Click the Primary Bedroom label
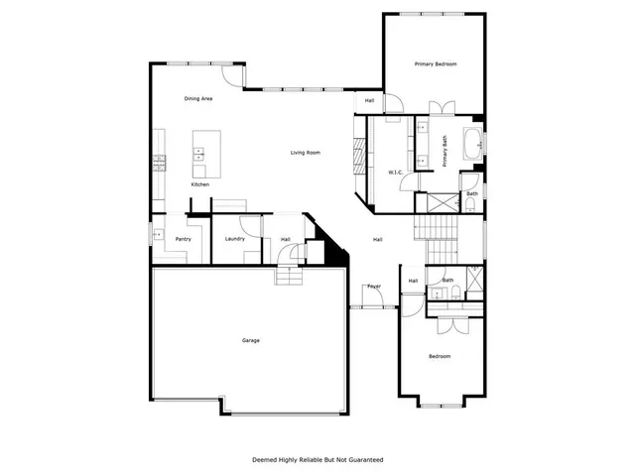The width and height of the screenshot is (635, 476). pos(436,64)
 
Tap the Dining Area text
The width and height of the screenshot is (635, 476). pos(198,99)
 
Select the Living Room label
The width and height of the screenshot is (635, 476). pos(305,153)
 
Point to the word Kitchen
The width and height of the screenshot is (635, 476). pos(200,185)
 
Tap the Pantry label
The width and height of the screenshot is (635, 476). pos(183,239)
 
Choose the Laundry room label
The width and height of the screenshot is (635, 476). pos(235,239)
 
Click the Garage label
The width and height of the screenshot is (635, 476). pos(251,341)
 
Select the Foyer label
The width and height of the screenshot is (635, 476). pos(374,287)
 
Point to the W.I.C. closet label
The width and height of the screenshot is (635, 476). pos(394,173)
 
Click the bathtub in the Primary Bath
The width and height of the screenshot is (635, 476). pos(474,144)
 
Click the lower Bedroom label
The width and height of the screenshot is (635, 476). pos(439,356)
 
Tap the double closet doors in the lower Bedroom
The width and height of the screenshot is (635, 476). pos(449,324)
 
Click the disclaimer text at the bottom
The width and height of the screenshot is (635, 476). pos(317,459)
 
